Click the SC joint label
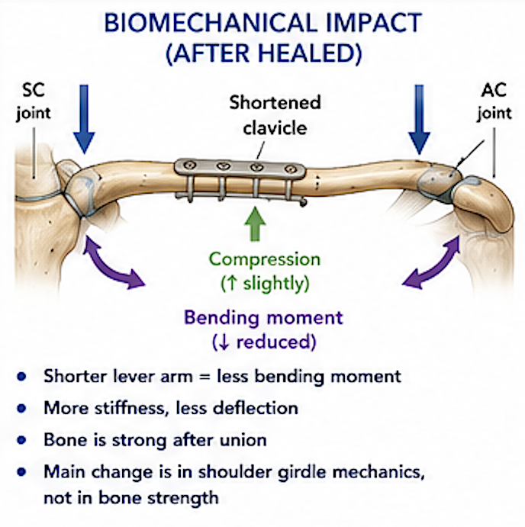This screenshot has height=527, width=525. pyautogui.click(x=34, y=101)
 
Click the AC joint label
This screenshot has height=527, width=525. pyautogui.click(x=494, y=101)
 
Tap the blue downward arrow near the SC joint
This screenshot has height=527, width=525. pyautogui.click(x=84, y=119)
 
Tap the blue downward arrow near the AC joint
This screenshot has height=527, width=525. pyautogui.click(x=419, y=120)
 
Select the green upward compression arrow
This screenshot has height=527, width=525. pyautogui.click(x=256, y=223)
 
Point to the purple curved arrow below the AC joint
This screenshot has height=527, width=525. pyautogui.click(x=432, y=262)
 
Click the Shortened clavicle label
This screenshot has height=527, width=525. pyautogui.click(x=275, y=115)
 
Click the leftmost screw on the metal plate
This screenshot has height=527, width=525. pyautogui.click(x=191, y=165)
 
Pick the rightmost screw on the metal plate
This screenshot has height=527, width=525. pyautogui.click(x=290, y=169)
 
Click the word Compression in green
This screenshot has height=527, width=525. pyautogui.click(x=265, y=259)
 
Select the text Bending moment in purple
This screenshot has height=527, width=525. pyautogui.click(x=264, y=317)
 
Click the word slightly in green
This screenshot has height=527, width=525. pyautogui.click(x=273, y=284)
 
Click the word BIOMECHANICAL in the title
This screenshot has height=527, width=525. pyautogui.click(x=211, y=23)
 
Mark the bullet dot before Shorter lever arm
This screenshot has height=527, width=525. pyautogui.click(x=21, y=377)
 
